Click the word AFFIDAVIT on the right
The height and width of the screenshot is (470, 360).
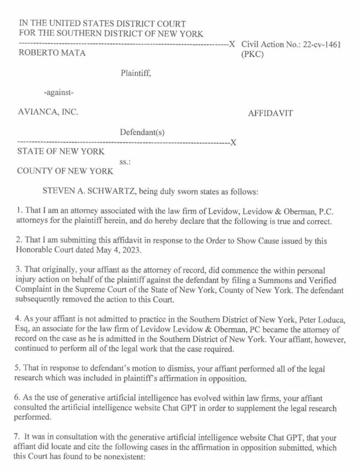click(270, 113)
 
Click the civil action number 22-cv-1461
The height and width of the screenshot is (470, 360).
click(321, 45)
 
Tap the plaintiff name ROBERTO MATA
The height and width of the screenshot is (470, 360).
click(50, 54)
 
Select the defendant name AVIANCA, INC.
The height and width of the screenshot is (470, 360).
click(47, 113)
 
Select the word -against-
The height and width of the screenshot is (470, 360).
click(58, 93)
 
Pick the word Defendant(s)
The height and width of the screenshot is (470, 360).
click(142, 132)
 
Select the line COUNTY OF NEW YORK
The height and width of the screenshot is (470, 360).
click(65, 171)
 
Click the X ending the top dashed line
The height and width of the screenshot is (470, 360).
click(232, 45)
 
